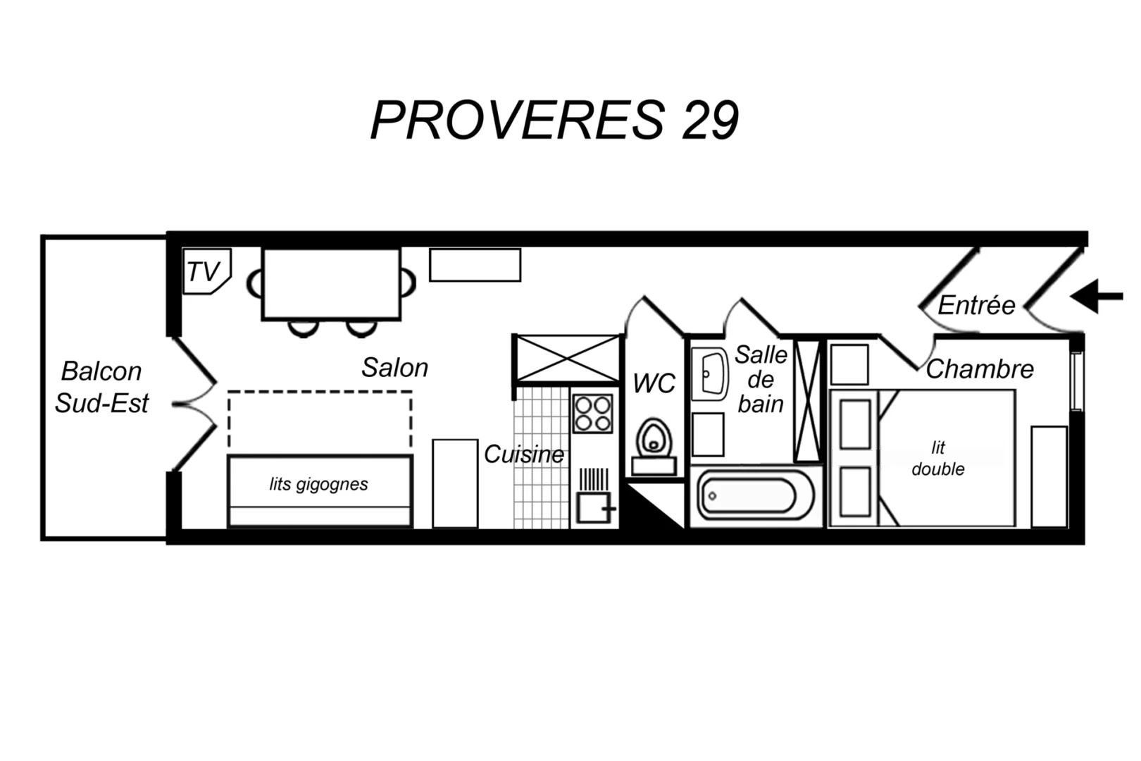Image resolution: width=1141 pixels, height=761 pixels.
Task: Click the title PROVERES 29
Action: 555,120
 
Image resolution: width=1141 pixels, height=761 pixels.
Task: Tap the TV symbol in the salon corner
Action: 207,271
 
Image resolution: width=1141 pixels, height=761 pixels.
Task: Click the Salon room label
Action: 394,368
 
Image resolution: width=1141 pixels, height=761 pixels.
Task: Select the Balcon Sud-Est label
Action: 102,387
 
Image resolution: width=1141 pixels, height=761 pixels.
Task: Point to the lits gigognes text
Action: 319,484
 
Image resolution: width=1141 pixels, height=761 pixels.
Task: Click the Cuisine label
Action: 523,454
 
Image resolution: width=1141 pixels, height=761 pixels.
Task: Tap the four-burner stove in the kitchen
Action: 592,414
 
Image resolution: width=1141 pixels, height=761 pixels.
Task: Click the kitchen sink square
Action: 593,507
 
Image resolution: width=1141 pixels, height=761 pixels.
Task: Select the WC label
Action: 654,383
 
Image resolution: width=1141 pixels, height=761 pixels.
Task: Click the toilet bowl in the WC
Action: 654,440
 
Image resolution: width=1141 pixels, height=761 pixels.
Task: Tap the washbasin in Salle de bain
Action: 709,374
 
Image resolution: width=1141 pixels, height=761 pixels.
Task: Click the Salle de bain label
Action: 761,379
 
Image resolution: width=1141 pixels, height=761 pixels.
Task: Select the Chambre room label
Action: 980,369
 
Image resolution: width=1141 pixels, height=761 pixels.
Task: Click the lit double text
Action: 937,458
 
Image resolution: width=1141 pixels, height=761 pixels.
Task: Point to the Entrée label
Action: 976,305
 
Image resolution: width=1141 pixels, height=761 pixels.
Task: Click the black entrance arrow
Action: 1096,296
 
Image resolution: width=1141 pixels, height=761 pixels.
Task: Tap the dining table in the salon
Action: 331,284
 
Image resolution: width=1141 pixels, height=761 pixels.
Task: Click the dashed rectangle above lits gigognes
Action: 320,423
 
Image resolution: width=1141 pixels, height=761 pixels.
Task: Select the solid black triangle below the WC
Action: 656,507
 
